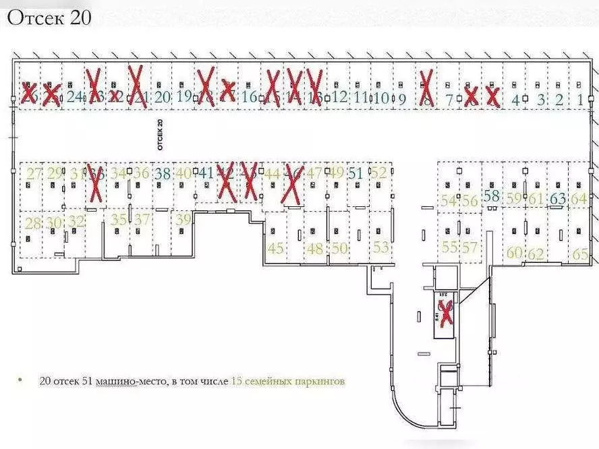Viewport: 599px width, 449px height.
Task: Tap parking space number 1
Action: pos(581,99)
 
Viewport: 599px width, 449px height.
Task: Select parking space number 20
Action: pos(162,96)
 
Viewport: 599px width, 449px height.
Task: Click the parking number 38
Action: pos(163,173)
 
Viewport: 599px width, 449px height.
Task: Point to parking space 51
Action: pos(356,173)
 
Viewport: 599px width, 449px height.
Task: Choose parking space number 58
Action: pos(492,196)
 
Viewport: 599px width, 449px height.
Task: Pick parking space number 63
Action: pos(558,199)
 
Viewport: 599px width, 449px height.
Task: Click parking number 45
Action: pos(276,247)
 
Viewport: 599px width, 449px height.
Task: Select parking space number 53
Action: pos(381,247)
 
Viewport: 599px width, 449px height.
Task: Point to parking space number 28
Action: pos(32,222)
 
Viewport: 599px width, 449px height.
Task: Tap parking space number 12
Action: pos(339,96)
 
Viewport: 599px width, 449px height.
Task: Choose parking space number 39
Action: pos(183,219)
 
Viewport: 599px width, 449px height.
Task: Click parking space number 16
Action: pos(250,96)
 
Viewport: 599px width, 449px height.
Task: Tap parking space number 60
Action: pos(515,253)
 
